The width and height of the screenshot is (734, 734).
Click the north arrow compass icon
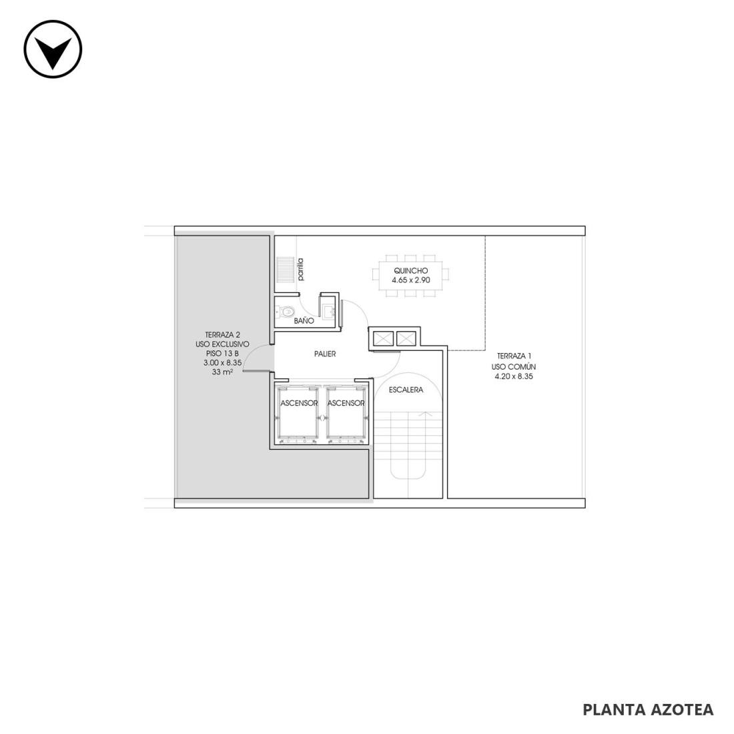(x=53, y=49)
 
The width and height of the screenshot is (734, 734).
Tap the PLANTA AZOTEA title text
(x=648, y=709)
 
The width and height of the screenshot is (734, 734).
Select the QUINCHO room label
(x=410, y=270)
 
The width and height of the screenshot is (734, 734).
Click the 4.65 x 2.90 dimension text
(x=410, y=280)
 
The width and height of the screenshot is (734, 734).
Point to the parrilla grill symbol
(x=284, y=269)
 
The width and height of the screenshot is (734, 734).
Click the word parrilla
(x=300, y=270)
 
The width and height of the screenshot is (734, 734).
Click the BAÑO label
(x=304, y=321)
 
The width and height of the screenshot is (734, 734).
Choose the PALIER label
(x=325, y=354)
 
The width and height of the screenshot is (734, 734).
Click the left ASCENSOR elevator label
(x=299, y=403)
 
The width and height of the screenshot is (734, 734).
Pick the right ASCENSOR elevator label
(x=346, y=403)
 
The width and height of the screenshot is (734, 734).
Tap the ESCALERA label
(x=406, y=390)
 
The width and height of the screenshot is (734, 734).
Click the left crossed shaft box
(x=383, y=338)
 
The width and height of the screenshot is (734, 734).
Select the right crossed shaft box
(x=406, y=338)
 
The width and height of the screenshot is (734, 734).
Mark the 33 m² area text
(x=223, y=372)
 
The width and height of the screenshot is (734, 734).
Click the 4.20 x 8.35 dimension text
(x=514, y=376)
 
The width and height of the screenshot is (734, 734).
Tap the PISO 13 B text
(x=222, y=354)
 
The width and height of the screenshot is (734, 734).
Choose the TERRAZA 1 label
(x=514, y=356)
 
